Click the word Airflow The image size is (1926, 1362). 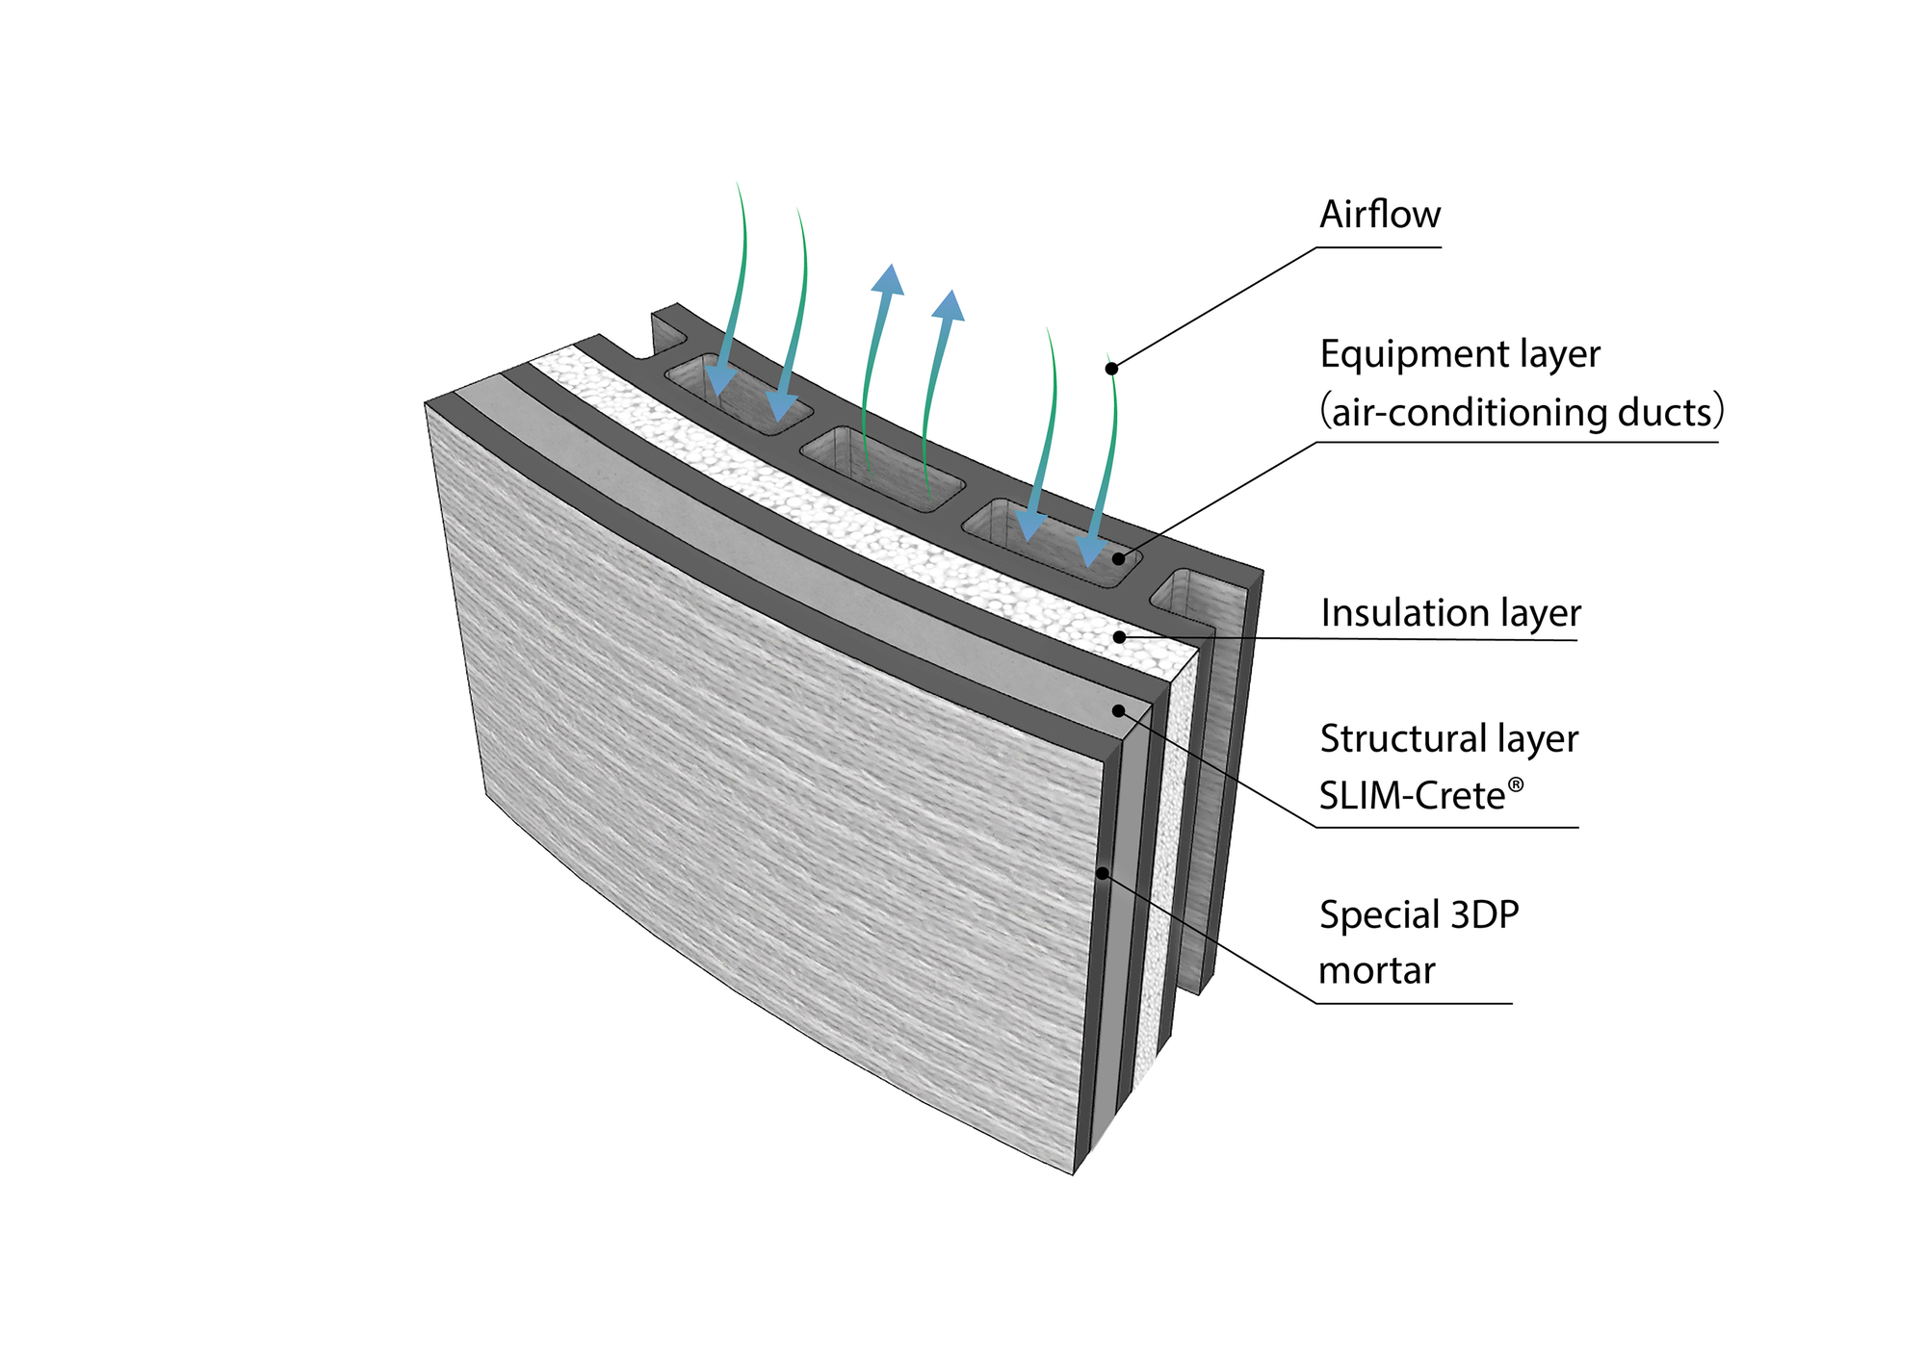tap(1379, 215)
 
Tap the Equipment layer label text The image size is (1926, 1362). tap(1459, 354)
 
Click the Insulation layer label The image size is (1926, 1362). tap(1449, 613)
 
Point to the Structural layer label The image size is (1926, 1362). tap(1448, 739)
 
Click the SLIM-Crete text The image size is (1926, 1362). tap(1411, 796)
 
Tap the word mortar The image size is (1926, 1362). tap(1376, 970)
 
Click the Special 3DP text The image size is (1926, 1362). tap(1418, 914)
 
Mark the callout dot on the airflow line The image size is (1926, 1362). tap(1111, 368)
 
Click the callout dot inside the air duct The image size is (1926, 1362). tap(1118, 558)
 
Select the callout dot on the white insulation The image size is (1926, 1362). tap(1119, 636)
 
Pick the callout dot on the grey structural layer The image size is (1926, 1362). tap(1118, 710)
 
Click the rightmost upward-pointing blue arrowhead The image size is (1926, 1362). tap(950, 304)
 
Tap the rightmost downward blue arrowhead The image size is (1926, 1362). tap(1091, 551)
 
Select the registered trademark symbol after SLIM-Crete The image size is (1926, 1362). tap(1516, 784)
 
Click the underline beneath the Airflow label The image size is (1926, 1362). tap(1379, 247)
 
